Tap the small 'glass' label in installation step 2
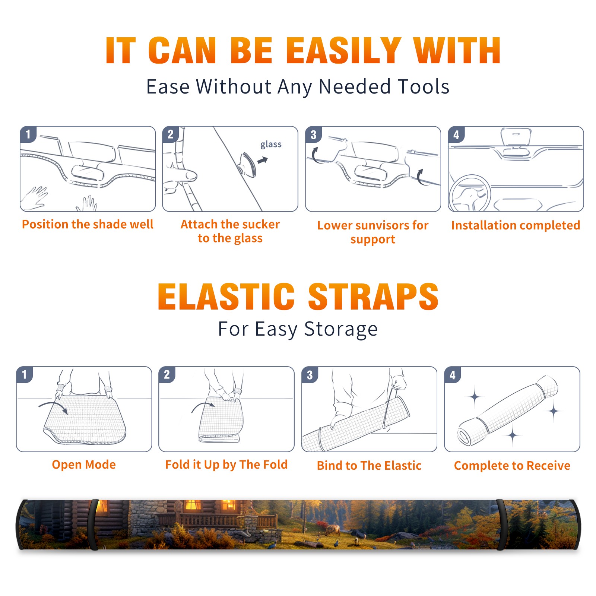coord(271,145)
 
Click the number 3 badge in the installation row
coord(313,134)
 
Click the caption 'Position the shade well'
coord(88,224)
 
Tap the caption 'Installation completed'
coord(516,225)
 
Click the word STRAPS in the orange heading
coord(373,297)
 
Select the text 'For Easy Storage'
coord(298,329)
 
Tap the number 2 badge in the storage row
coord(167,375)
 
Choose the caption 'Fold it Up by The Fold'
coord(226,465)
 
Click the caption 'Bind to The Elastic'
coord(369,466)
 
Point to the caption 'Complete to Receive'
coord(512,466)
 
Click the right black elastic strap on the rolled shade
coord(501,525)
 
